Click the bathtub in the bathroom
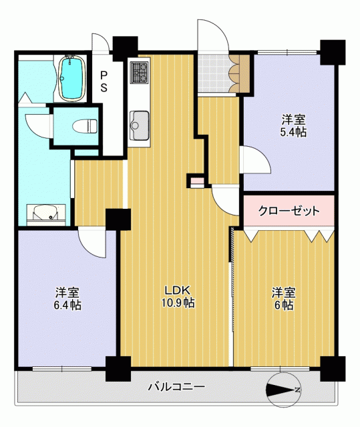tap(71, 79)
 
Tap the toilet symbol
tap(85, 126)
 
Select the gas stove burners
tap(140, 72)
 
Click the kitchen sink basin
tap(140, 125)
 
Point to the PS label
tap(104, 81)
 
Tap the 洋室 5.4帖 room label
tap(293, 126)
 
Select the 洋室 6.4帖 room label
tap(67, 299)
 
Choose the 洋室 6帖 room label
tap(283, 299)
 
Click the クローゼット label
tap(289, 211)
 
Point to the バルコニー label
tap(176, 387)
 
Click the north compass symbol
tap(283, 390)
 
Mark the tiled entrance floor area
tap(214, 73)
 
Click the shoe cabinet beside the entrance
tap(240, 73)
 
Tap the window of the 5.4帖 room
tap(287, 52)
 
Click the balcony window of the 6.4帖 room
tap(62, 369)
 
